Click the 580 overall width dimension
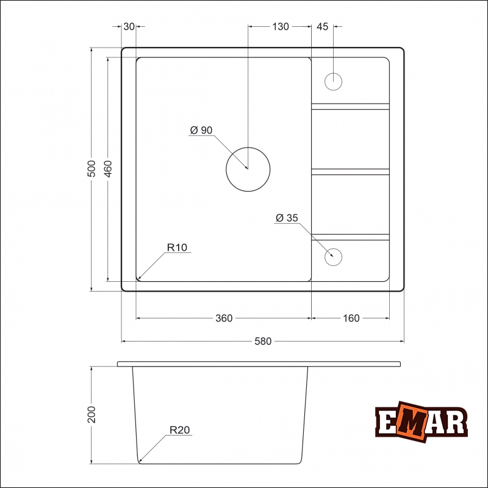pos(262,342)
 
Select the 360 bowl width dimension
pos(224,318)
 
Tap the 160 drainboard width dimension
pos(351,318)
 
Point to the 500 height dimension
pos(91,168)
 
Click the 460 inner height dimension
pos(108,168)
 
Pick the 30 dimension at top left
pos(129,26)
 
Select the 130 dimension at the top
pos(281,26)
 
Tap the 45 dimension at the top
pos(323,26)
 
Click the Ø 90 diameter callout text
pos(201,131)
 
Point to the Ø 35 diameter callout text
pos(286,218)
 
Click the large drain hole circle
pos(248,169)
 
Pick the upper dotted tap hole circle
pos(334,81)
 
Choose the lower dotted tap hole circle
pos(334,256)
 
